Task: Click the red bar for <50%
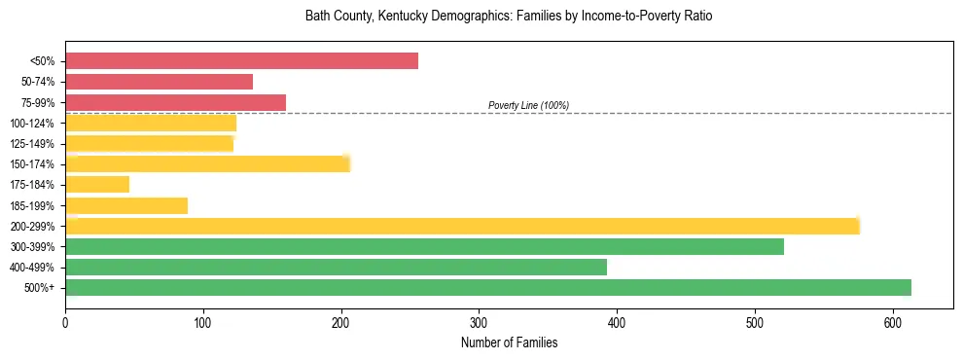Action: tap(241, 61)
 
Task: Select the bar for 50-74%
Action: tap(159, 82)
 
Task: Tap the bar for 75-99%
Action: tap(175, 102)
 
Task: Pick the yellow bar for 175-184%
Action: tap(97, 185)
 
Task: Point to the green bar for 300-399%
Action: tap(424, 246)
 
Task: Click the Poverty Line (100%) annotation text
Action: tap(528, 105)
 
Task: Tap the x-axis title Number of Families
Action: tap(509, 342)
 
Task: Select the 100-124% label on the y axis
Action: tap(32, 123)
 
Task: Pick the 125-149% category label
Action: tap(32, 144)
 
